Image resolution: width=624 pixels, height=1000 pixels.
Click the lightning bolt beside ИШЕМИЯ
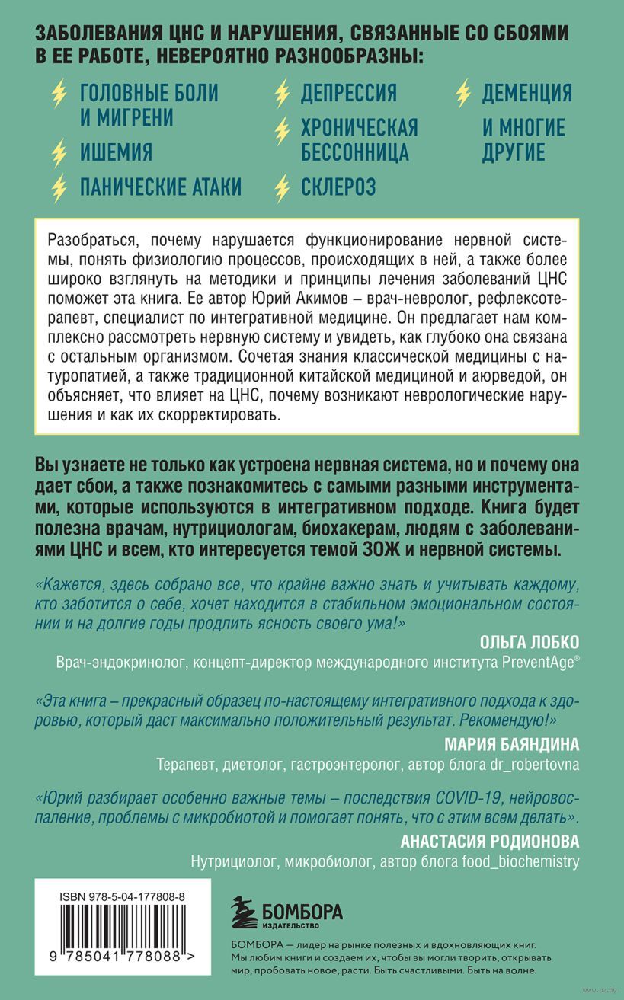(x=59, y=152)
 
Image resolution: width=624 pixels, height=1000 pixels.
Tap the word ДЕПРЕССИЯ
(x=349, y=93)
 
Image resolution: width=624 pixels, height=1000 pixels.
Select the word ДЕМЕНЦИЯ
(x=526, y=93)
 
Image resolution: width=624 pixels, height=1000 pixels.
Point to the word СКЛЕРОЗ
(x=338, y=187)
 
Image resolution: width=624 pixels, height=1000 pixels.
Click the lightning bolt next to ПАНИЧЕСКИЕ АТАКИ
(x=59, y=187)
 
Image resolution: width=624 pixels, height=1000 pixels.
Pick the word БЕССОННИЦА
(x=355, y=152)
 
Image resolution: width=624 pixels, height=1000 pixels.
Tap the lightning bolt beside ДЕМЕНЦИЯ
(x=462, y=93)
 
